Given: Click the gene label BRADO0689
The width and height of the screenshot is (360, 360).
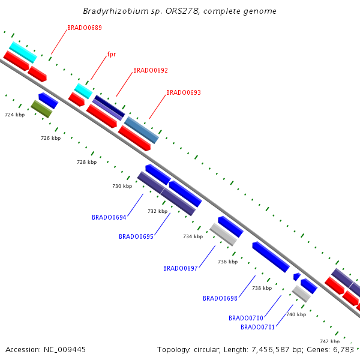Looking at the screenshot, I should (x=84, y=28).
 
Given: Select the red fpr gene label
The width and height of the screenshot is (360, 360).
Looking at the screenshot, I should (x=111, y=54).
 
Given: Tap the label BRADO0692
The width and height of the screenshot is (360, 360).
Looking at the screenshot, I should (x=150, y=70).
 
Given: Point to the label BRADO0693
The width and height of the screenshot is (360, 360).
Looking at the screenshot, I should (x=183, y=92).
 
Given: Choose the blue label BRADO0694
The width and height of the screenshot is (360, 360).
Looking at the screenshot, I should (x=109, y=217).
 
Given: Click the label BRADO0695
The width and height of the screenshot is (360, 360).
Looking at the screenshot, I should (x=136, y=236).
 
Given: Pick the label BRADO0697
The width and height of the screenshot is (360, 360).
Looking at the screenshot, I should (x=180, y=268).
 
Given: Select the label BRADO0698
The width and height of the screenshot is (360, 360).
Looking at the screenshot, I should (x=220, y=298).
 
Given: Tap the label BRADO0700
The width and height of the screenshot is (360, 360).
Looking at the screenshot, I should (x=245, y=318).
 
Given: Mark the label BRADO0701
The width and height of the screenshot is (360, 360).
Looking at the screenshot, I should (x=257, y=327).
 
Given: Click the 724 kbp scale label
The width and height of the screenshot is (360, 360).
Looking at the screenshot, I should (x=14, y=114).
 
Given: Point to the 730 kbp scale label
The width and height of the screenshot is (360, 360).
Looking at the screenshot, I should (x=122, y=186).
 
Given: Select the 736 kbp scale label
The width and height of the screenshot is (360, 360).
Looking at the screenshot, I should (x=227, y=262).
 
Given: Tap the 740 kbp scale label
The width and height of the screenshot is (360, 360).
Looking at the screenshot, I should (x=296, y=314).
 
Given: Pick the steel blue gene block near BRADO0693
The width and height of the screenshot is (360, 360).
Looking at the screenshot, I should (x=142, y=130).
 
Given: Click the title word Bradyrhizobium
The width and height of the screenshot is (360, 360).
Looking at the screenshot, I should (x=112, y=11).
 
